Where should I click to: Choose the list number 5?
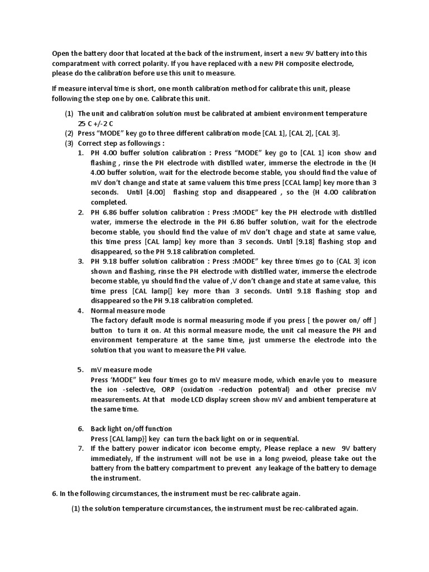click(80, 370)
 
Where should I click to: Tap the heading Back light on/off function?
click(132, 428)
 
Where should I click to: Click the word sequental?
click(283, 438)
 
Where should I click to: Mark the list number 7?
click(80, 449)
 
